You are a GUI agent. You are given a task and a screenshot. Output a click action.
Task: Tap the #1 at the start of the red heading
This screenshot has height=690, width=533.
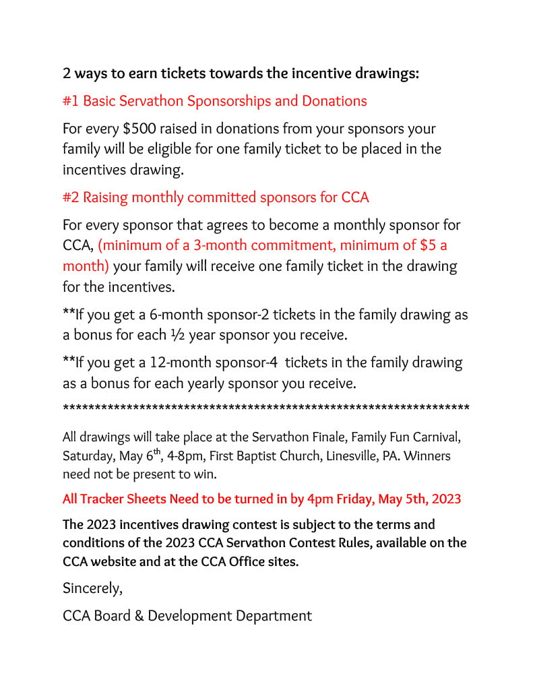click(x=71, y=101)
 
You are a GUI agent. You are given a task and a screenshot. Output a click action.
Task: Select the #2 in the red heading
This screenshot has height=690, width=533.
click(x=71, y=197)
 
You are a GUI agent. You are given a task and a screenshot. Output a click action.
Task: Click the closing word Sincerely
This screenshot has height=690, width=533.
click(x=92, y=588)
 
